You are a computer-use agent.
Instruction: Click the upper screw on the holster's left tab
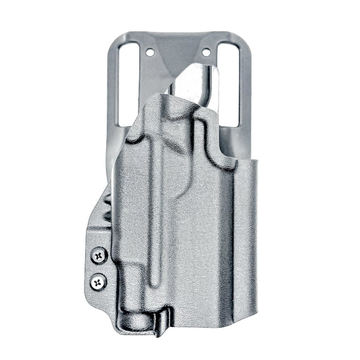pyautogui.click(x=100, y=255)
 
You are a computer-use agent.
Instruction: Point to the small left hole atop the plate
pyautogui.click(x=148, y=51)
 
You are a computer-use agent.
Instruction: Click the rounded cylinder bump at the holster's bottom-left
pyautogui.click(x=132, y=317)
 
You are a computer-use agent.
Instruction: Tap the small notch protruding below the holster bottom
pyautogui.click(x=161, y=327)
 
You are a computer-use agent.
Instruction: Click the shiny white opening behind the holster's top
pyautogui.click(x=196, y=84)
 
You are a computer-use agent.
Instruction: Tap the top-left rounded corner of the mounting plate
pyautogui.click(x=111, y=37)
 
